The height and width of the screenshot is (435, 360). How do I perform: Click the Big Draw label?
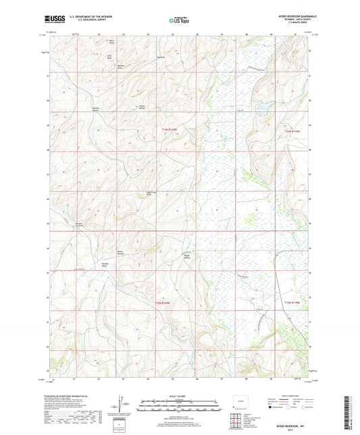(161, 57)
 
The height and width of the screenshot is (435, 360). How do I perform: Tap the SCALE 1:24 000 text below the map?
(179, 396)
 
